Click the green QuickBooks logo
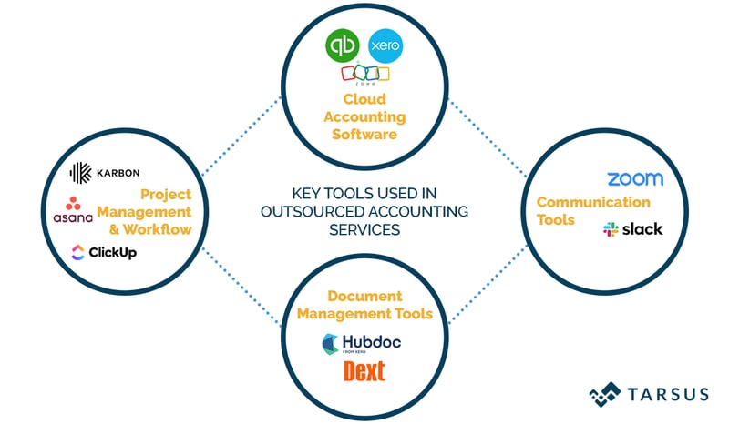click(343, 45)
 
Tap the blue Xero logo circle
click(385, 45)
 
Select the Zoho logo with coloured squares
click(365, 74)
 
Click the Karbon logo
click(105, 172)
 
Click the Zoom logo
click(634, 178)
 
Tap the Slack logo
click(632, 228)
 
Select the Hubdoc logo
click(362, 344)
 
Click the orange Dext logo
click(364, 371)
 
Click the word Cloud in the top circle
click(364, 99)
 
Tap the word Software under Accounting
click(364, 134)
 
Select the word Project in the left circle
click(165, 195)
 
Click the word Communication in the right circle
click(593, 202)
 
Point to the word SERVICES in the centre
click(364, 229)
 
